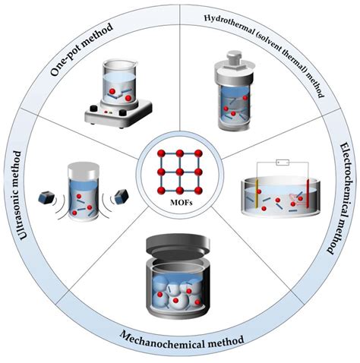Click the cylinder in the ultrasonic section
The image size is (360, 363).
pyautogui.click(x=82, y=194)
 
